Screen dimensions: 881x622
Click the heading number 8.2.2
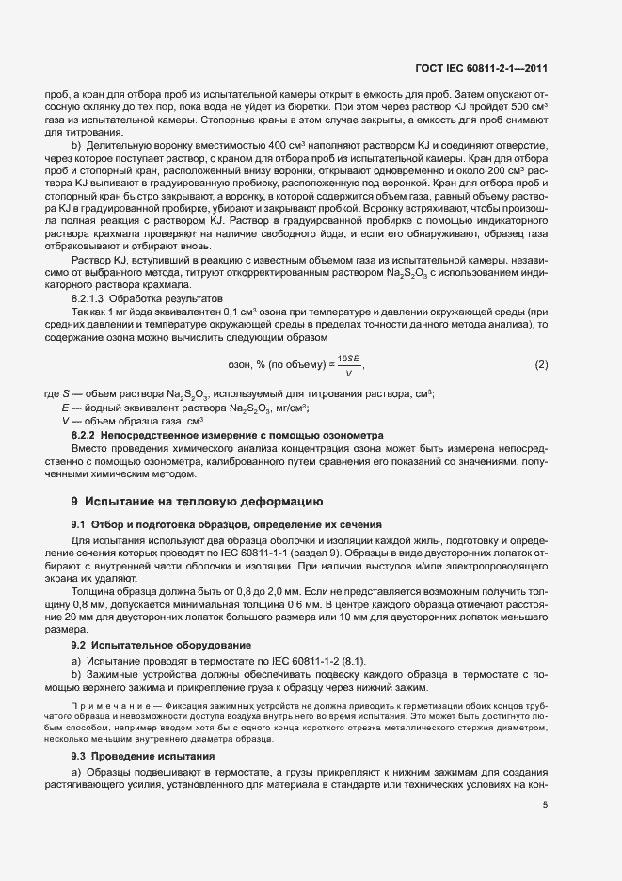(87, 436)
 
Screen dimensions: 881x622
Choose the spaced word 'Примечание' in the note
(104, 703)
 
